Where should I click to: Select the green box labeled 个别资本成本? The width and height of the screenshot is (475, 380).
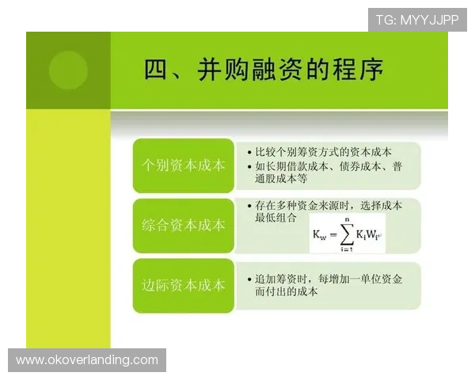point(183,166)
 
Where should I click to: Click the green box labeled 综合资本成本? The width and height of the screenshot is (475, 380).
point(183,226)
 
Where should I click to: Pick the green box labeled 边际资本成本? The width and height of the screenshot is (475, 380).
point(183,285)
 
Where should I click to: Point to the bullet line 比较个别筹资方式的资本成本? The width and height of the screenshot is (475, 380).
point(324,152)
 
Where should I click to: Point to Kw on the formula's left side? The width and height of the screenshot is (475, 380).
point(317,236)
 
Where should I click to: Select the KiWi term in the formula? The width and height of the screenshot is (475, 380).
point(369,236)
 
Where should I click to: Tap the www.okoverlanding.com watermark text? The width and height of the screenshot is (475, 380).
point(88,360)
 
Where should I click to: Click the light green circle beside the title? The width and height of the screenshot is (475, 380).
point(68,70)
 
